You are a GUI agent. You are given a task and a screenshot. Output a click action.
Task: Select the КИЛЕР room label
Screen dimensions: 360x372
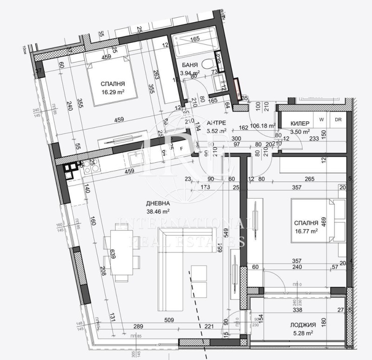pyautogui.click(x=300, y=123)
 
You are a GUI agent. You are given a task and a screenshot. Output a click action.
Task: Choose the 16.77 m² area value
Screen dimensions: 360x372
pyautogui.click(x=306, y=230)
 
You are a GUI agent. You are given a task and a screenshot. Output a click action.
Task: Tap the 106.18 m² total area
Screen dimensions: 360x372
pyautogui.click(x=263, y=125)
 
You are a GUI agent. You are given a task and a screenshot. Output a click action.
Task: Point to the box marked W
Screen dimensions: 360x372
pyautogui.click(x=321, y=119)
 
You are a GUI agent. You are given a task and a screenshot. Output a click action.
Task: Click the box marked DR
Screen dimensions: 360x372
pyautogui.click(x=338, y=119)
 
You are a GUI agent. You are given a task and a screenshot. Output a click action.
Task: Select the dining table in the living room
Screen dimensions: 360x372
pyautogui.click(x=121, y=256)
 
